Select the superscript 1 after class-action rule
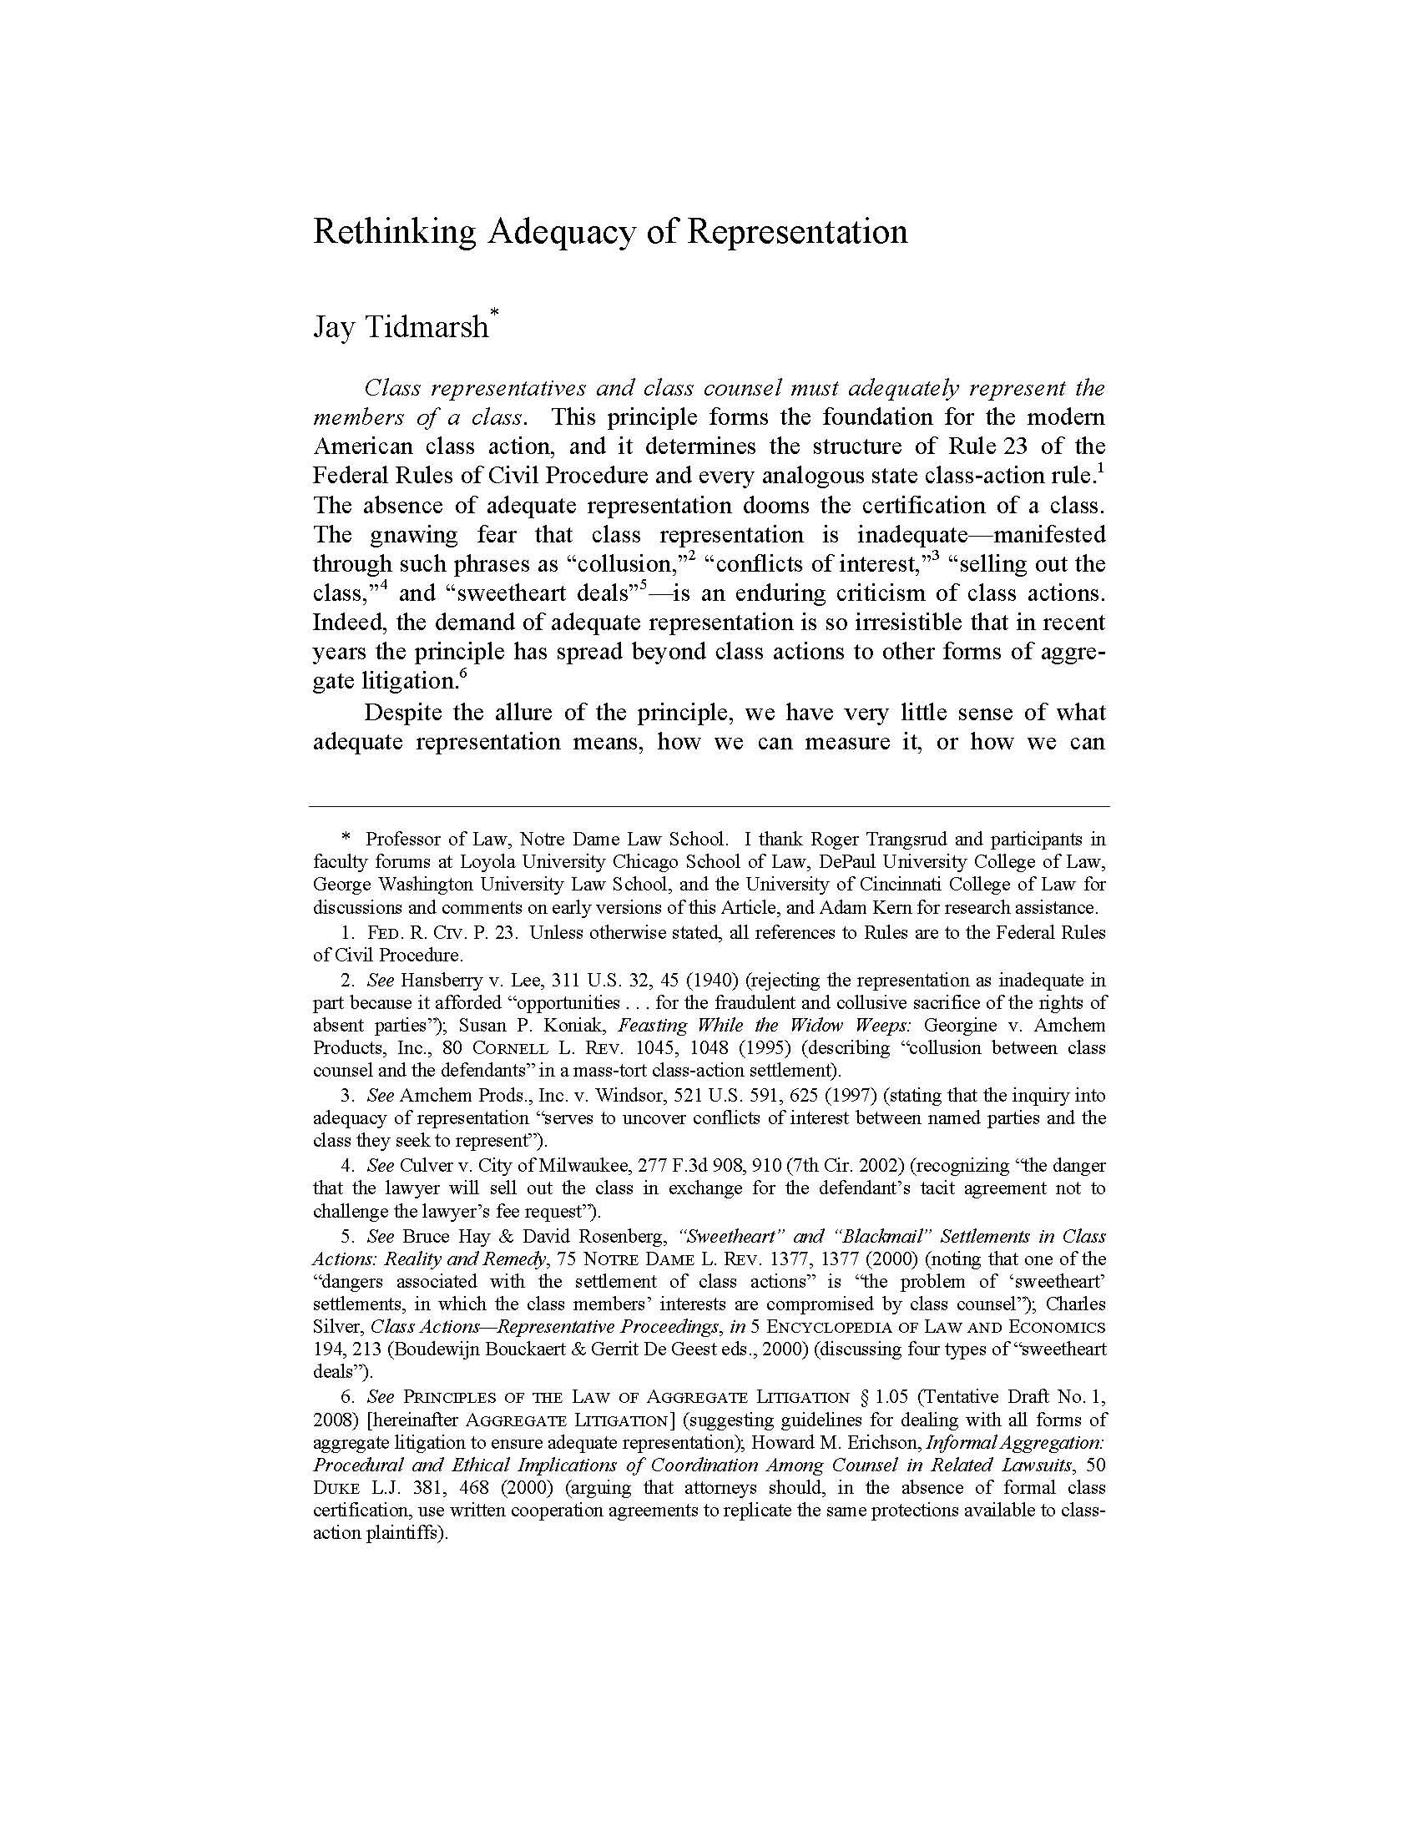[1100, 469]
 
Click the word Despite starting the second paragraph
[403, 713]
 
